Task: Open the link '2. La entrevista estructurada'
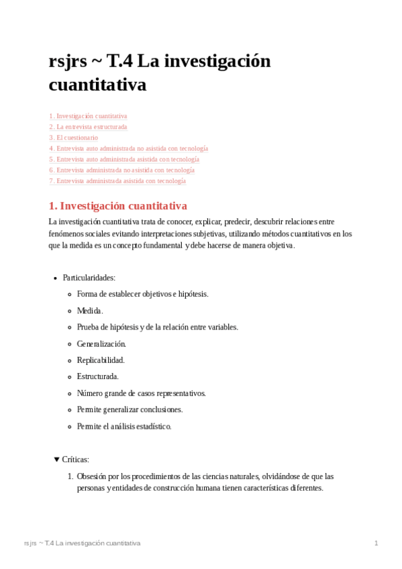[88, 127]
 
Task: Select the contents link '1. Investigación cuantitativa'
[88, 116]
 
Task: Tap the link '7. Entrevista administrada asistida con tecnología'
[117, 181]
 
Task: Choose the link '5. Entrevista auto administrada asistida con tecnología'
[124, 159]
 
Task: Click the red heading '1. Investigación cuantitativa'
[118, 206]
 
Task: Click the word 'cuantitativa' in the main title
[97, 85]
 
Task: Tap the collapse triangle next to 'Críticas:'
[56, 460]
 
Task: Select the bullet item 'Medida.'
[90, 311]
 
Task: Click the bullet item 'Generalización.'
[101, 344]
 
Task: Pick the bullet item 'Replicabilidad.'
[101, 360]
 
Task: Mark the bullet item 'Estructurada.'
[98, 376]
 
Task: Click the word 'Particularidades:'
[89, 278]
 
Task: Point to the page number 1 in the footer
[376, 543]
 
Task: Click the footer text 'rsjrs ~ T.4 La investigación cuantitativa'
[82, 543]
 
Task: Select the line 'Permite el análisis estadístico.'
[124, 426]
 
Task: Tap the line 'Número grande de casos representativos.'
[142, 393]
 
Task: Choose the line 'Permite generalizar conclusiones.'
[130, 409]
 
